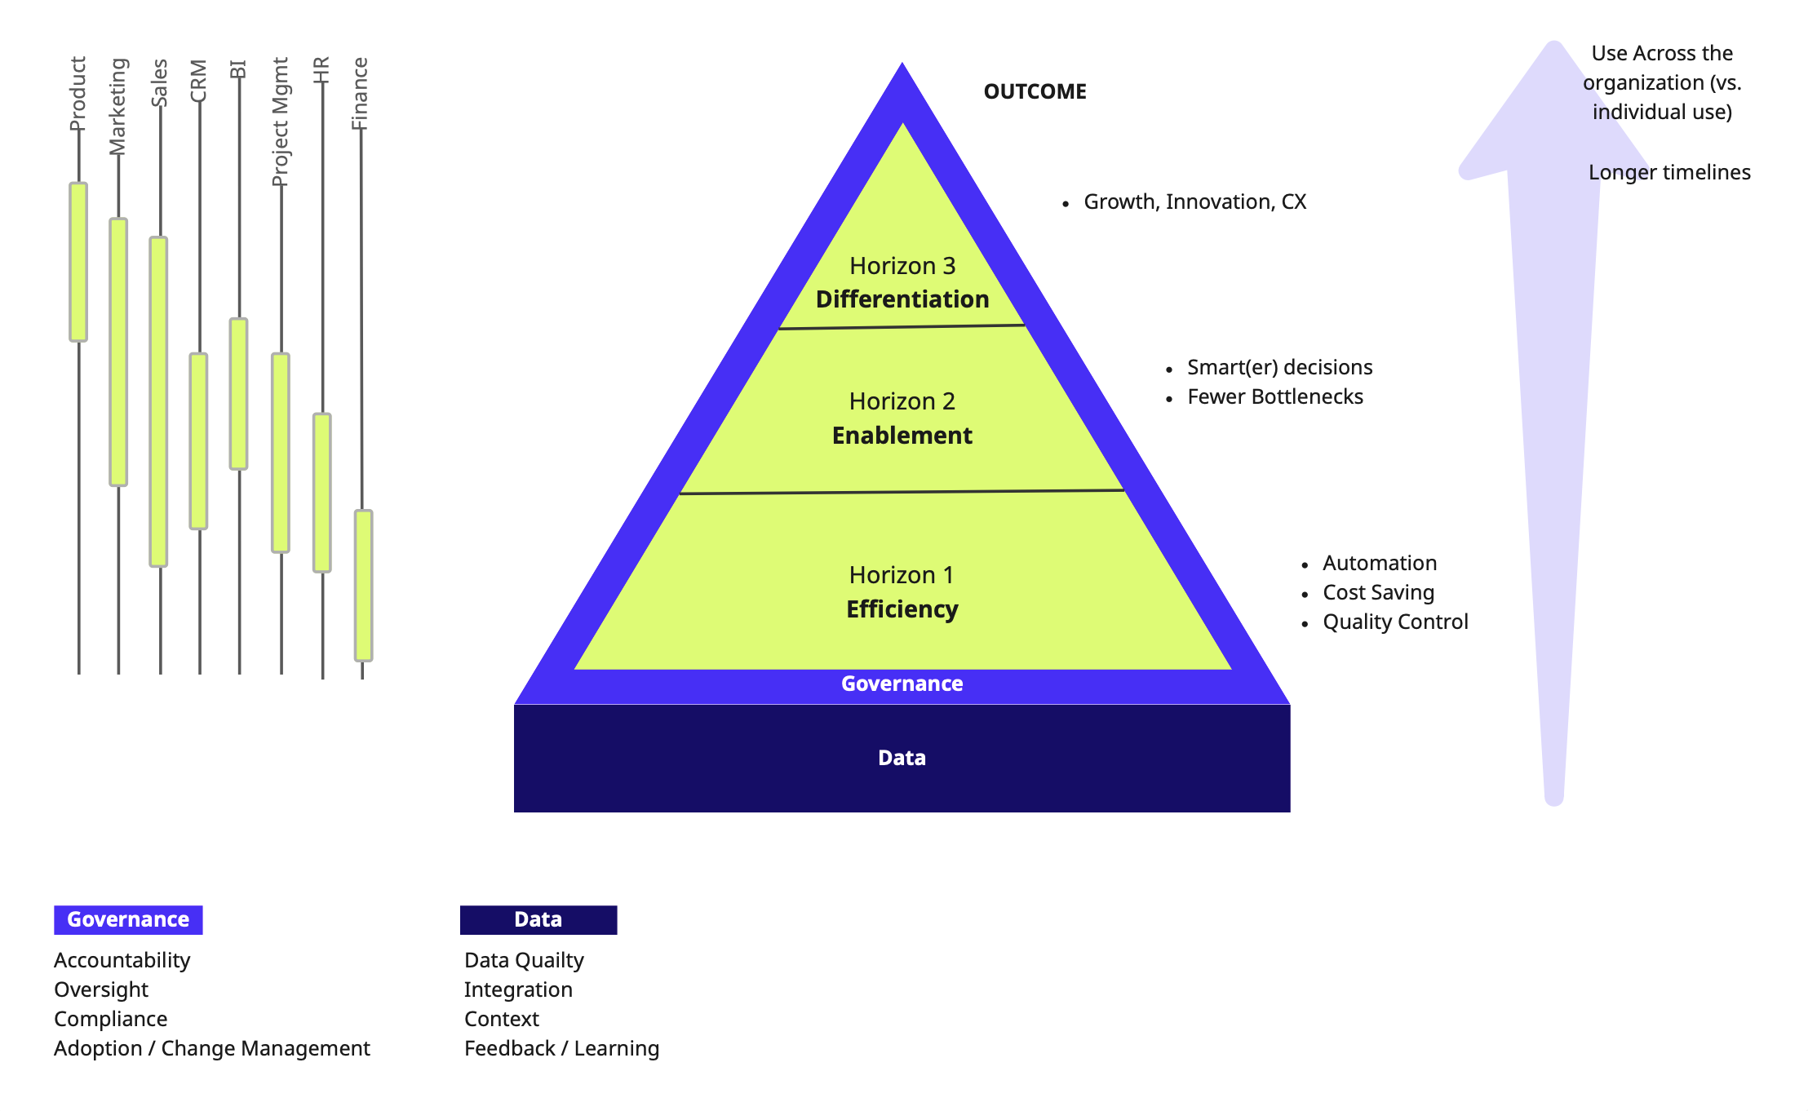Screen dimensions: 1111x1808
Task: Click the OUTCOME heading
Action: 1035,91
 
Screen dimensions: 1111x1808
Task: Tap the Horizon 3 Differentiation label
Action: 902,283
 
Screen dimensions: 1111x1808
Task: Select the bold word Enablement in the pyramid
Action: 902,436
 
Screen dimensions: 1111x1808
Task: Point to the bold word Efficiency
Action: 902,609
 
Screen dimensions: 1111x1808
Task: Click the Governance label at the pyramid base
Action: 902,684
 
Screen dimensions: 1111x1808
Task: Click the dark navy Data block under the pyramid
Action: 902,758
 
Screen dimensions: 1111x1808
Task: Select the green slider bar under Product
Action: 78,262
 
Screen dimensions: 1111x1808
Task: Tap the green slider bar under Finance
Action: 363,585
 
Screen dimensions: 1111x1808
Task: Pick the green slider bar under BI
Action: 238,393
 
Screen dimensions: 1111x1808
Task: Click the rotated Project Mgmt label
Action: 280,122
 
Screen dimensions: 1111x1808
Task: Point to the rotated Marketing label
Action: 118,106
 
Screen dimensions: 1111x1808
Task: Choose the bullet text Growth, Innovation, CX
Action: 1194,201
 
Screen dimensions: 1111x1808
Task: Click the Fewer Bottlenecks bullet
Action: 1274,396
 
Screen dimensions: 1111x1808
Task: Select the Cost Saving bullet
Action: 1378,592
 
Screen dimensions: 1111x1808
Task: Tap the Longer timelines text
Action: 1669,172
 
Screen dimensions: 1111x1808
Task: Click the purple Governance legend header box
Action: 128,919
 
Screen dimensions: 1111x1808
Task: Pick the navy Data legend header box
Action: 538,919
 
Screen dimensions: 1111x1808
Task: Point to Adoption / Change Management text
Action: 212,1048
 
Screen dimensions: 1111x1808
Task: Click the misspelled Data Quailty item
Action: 524,960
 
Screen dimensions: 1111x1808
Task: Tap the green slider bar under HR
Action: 322,493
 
